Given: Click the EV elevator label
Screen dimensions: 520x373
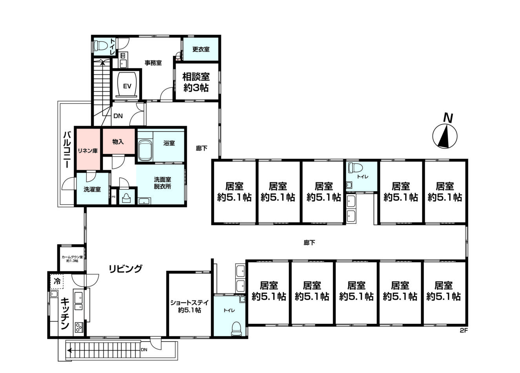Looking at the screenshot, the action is [127, 86].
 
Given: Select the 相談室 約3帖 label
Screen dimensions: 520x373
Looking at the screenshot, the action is [196, 82].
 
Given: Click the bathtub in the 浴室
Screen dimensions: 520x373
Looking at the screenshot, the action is [145, 150].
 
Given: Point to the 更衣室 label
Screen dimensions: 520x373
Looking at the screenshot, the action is [201, 49].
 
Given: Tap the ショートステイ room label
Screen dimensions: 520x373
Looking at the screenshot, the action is [190, 306].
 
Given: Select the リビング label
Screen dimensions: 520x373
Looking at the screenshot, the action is [125, 269].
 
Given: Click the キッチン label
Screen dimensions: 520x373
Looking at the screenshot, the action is [65, 313].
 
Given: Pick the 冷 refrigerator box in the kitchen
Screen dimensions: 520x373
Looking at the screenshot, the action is [57, 281].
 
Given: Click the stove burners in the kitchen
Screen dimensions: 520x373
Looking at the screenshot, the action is [79, 327].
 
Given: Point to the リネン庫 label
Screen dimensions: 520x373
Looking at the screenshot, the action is [88, 151].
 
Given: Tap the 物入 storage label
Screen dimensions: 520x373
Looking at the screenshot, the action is [118, 142].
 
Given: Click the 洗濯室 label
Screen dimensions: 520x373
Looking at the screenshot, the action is [92, 189].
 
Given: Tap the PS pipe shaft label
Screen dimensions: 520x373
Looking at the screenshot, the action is [113, 197].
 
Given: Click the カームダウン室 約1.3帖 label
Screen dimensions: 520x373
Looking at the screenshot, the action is [72, 259].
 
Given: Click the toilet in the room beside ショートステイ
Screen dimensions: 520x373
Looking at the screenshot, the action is [237, 329].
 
